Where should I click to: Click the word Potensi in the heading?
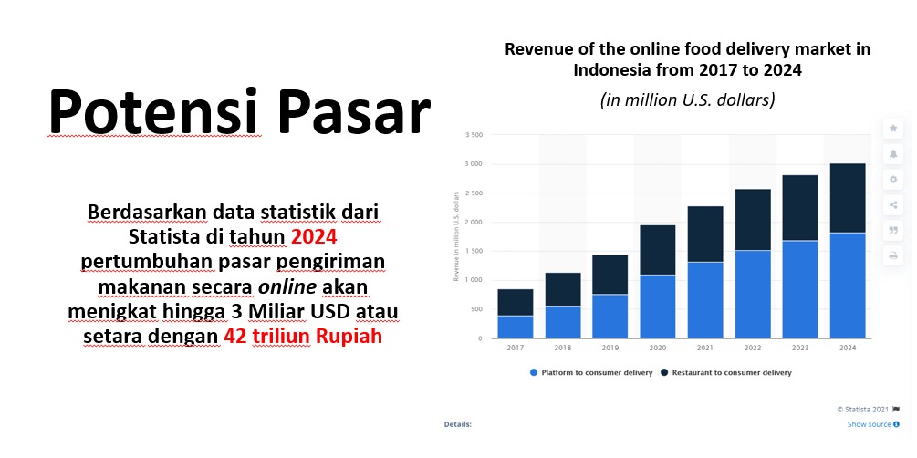[154, 111]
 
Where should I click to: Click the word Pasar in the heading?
[354, 111]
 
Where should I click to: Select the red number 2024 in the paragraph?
[314, 237]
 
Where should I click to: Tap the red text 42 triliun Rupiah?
[303, 337]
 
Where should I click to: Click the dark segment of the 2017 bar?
[516, 302]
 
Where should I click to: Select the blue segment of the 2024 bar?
[848, 286]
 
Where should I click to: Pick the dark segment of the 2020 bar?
[657, 250]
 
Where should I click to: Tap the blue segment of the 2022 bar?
[753, 294]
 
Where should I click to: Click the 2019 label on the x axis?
[610, 348]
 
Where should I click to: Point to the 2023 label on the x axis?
[800, 348]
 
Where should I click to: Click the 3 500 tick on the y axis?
[474, 135]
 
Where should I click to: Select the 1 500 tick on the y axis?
[474, 251]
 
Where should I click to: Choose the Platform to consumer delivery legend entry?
[591, 372]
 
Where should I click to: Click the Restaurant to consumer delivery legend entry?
[725, 372]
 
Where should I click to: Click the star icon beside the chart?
[893, 128]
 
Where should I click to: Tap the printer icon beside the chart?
[893, 255]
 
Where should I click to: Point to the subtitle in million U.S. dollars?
[687, 100]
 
